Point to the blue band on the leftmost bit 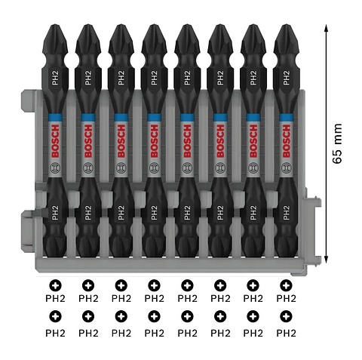click(x=55, y=117)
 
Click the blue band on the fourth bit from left click(x=154, y=117)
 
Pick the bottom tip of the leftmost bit click(x=55, y=260)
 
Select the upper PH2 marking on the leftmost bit click(x=55, y=78)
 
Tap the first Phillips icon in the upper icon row click(x=55, y=285)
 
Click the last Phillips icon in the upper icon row click(x=286, y=285)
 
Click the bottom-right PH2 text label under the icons click(x=286, y=332)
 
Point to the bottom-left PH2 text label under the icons click(x=55, y=332)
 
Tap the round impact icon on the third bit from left click(x=121, y=167)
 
